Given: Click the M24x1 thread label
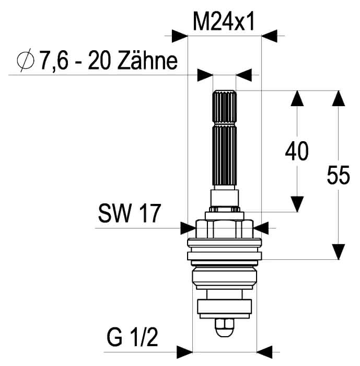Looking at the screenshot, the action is pos(224,22).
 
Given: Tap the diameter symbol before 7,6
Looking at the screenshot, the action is pos(26,60).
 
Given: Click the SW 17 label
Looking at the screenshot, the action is pos(130,213).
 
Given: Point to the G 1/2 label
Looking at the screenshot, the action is pos(132,337).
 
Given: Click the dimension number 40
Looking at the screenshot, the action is pos(297,151).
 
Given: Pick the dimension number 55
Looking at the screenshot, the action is pos(338,175).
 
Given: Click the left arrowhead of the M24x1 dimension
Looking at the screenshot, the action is pos(180,36).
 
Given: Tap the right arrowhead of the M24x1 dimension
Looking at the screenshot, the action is pos(269,36).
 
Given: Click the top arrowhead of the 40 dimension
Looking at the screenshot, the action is pos(297,98).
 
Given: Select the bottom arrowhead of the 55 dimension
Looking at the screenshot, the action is pos(339,251).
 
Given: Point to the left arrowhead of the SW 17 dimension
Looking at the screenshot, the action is pos(188,228).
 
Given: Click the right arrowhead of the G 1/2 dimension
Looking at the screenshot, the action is pos(264,352).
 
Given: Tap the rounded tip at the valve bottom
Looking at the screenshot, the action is pos(225,328).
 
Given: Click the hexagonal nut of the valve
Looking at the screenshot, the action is pos(225,229).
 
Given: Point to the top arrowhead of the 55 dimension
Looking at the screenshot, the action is pos(339,98).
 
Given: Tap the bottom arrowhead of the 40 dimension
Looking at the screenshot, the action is pos(297,204).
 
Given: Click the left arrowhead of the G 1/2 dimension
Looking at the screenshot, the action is pos(184,352).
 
